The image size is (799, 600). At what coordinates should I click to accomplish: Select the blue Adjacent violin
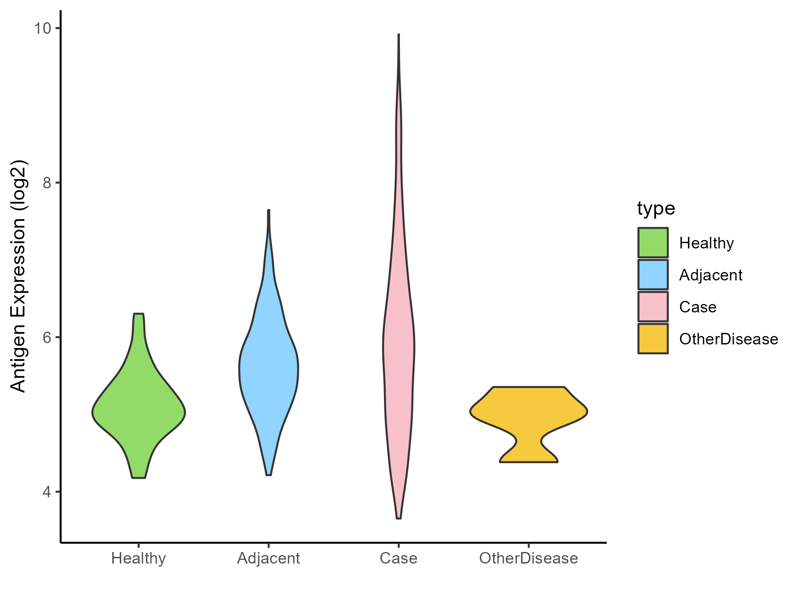pyautogui.click(x=269, y=369)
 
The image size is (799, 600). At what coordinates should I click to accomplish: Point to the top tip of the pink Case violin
pyautogui.click(x=399, y=35)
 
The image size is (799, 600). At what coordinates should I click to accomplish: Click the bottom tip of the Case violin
pyautogui.click(x=399, y=518)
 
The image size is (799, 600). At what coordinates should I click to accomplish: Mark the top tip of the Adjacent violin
pyautogui.click(x=269, y=210)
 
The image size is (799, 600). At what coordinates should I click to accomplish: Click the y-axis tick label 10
pyautogui.click(x=42, y=28)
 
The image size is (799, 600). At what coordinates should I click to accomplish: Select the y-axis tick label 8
pyautogui.click(x=46, y=183)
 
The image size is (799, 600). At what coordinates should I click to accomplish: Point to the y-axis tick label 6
pyautogui.click(x=46, y=337)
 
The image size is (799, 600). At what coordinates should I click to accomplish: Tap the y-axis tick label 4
pyautogui.click(x=46, y=492)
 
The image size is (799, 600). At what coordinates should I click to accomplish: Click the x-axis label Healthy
pyautogui.click(x=138, y=558)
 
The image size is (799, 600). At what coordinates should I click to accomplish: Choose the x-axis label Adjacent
pyautogui.click(x=269, y=558)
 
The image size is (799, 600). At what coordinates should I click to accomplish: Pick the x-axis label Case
pyautogui.click(x=399, y=558)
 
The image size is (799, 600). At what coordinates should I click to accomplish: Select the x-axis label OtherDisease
pyautogui.click(x=528, y=558)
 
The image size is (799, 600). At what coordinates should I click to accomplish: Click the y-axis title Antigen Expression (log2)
pyautogui.click(x=19, y=276)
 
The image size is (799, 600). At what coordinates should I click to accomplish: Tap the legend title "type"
pyautogui.click(x=656, y=208)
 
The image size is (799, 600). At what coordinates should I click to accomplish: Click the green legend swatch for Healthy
pyautogui.click(x=653, y=243)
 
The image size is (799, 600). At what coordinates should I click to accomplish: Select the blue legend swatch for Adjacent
pyautogui.click(x=653, y=275)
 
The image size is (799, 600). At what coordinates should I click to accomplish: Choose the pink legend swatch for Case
pyautogui.click(x=653, y=307)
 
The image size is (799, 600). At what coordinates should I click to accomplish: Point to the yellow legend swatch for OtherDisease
pyautogui.click(x=653, y=339)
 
